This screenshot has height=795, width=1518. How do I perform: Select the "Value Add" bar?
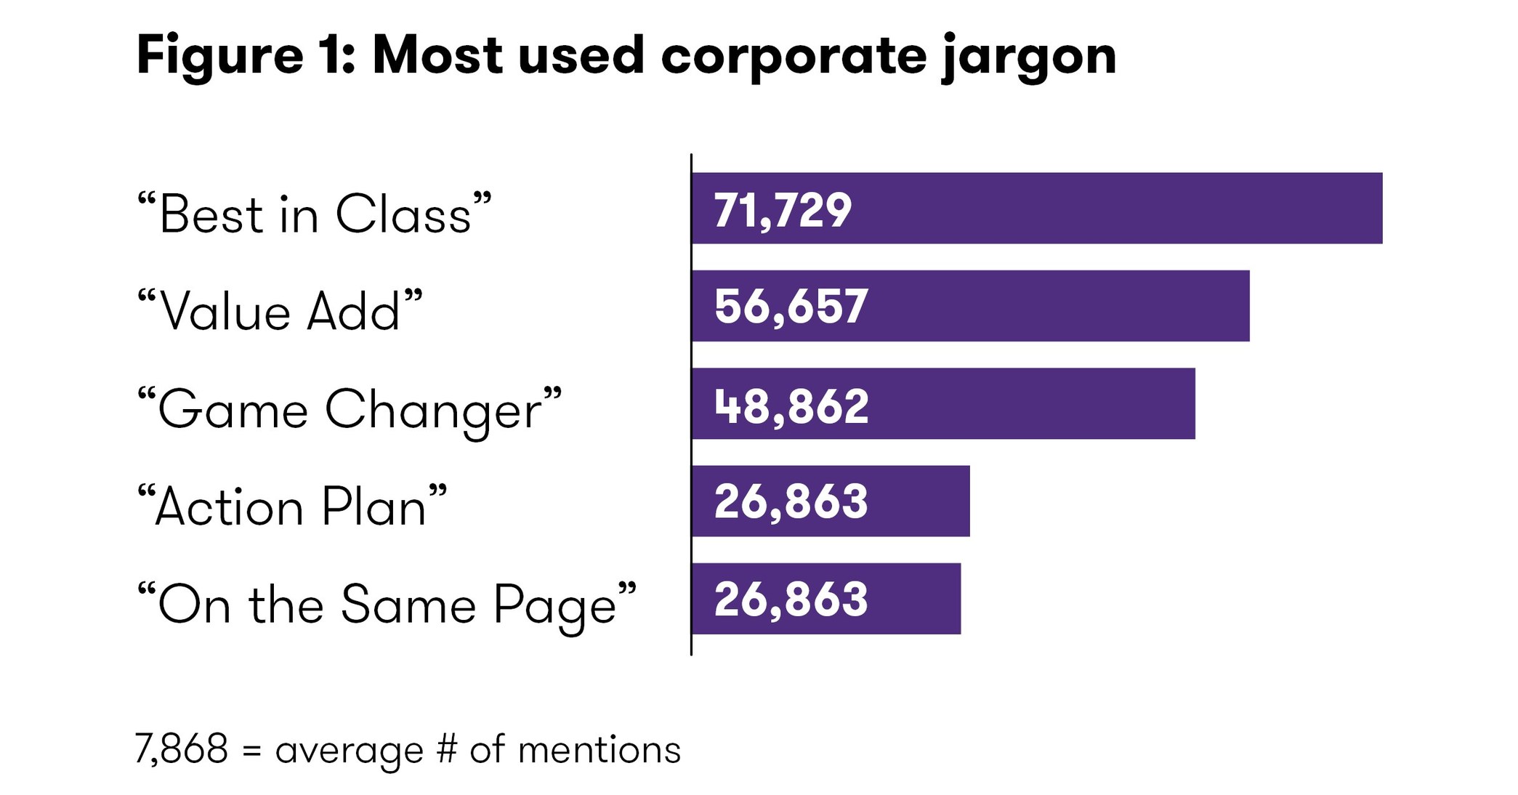pos(1054,306)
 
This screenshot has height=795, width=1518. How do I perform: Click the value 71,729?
pos(783,210)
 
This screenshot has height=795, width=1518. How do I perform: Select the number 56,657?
pos(791,307)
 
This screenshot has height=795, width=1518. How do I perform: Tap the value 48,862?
pos(791,405)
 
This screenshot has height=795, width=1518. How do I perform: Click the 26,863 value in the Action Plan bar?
pos(791,502)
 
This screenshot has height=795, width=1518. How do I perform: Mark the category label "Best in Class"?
pos(315,214)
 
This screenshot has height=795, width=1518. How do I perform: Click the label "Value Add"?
pos(280,312)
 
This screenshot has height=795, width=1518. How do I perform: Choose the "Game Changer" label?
pos(350,410)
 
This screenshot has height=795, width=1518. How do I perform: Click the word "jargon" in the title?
pos(1028,57)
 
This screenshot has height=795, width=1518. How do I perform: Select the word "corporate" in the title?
pos(794,57)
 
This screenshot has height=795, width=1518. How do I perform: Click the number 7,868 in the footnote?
pos(182,749)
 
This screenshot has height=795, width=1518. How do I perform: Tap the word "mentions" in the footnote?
pos(599,749)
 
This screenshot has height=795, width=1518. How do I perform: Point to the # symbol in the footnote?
pos(447,749)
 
